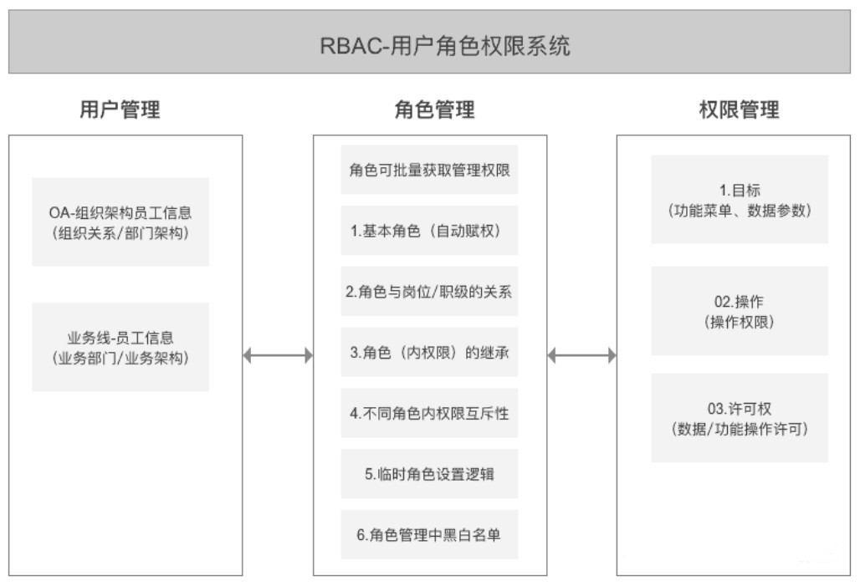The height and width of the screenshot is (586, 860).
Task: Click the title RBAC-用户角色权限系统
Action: coord(445,45)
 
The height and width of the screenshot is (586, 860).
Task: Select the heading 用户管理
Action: coord(120,109)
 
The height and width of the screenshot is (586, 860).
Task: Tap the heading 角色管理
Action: coord(434,109)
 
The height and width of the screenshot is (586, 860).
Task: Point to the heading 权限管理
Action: coord(739,109)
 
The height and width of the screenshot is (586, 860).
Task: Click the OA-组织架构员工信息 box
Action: coord(120,222)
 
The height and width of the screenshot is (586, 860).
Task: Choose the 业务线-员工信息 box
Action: coord(120,346)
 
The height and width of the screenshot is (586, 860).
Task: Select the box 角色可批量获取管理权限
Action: coord(429,170)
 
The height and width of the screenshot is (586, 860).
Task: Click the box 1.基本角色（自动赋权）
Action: coord(429,230)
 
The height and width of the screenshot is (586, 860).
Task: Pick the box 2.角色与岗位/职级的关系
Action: coord(429,291)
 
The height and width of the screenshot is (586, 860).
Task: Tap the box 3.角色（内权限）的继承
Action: coord(429,352)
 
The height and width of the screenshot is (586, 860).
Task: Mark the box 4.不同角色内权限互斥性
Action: coord(429,413)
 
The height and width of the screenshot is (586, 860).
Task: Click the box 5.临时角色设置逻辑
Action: coord(429,474)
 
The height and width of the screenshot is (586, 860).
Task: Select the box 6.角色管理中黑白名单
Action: coord(429,534)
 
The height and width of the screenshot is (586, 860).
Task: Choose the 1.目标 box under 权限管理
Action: coord(740,200)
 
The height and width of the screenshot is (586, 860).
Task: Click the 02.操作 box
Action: coord(740,311)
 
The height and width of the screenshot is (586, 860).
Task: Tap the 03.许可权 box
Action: coord(740,418)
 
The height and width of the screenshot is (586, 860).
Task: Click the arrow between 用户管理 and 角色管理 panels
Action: coord(278,355)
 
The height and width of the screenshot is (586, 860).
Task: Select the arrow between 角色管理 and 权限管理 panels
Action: coord(582,355)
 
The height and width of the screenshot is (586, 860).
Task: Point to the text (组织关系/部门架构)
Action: coord(120,233)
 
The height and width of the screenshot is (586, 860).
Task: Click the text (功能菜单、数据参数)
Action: coord(740,211)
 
